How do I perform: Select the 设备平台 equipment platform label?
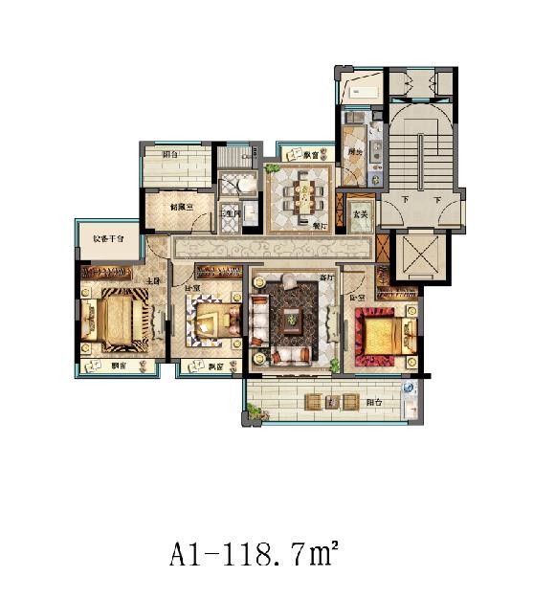click(x=107, y=240)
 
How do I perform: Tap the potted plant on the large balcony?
click(x=255, y=410)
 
